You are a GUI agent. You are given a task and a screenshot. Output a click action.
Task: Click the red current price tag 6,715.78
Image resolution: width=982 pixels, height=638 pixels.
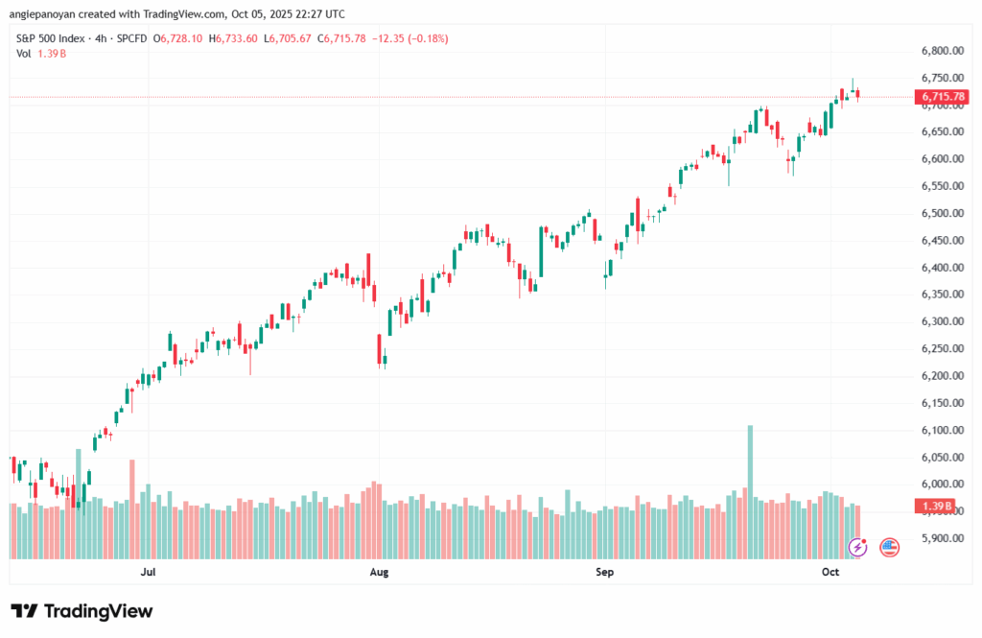(943, 97)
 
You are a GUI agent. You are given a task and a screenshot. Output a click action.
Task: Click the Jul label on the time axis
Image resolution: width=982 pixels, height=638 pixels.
(148, 573)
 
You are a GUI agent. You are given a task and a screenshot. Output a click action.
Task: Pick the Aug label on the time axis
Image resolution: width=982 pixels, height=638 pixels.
(379, 573)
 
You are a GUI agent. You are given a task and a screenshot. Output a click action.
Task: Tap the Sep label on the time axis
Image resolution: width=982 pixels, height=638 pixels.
(604, 573)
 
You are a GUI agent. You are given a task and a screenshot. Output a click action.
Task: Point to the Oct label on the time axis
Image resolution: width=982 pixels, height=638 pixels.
(830, 573)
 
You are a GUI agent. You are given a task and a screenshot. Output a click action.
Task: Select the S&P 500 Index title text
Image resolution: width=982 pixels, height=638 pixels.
(57, 38)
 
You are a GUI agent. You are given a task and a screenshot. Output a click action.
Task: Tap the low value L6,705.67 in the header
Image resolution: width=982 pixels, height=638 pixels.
(306, 38)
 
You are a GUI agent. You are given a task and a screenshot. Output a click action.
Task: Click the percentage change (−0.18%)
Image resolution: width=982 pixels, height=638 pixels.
(427, 38)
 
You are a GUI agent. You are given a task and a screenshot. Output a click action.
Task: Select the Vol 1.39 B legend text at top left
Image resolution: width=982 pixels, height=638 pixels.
(41, 54)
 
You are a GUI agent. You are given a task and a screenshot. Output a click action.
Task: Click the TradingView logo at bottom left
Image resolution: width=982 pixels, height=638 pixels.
(82, 611)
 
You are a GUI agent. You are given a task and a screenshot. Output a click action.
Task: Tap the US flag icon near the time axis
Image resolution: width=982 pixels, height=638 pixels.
(889, 547)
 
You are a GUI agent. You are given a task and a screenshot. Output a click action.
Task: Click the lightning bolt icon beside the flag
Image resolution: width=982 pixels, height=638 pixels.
(858, 547)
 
